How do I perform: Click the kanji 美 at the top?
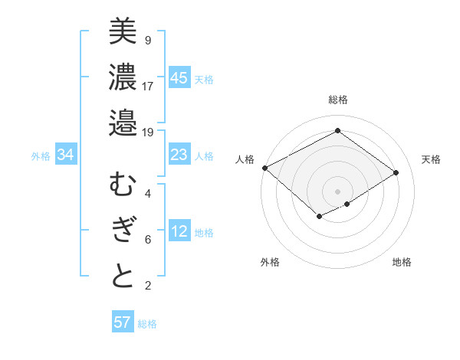point(123,31)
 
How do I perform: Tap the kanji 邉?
point(123,123)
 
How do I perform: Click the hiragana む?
point(123,185)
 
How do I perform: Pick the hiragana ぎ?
point(123,231)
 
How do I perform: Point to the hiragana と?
point(123,277)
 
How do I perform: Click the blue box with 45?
point(179,77)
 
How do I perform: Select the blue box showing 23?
point(179,155)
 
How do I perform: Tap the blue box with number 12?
point(179,232)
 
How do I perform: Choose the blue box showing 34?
point(66,155)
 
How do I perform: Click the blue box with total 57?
point(123,322)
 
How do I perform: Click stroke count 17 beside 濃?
point(147,86)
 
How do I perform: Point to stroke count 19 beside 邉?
point(147,132)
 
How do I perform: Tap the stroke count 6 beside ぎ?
point(147,240)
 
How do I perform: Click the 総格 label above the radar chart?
point(338,100)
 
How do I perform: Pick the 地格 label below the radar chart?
point(402,262)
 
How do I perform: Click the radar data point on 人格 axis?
point(264,168)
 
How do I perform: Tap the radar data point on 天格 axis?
point(396,172)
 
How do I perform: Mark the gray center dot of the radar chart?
point(337,190)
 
